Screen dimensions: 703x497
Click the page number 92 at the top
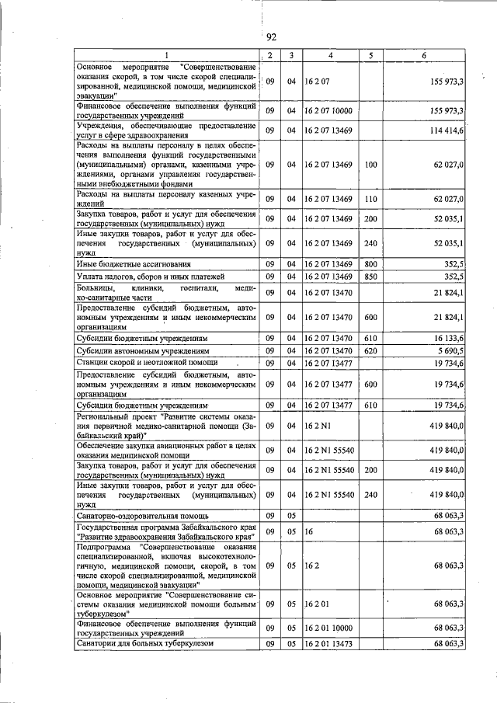tap(271, 37)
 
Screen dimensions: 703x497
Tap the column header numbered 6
tap(423, 55)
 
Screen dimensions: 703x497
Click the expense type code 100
tap(370, 165)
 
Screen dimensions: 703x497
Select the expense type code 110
tap(370, 199)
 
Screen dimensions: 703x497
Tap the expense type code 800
tap(370, 265)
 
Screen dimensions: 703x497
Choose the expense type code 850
tap(370, 277)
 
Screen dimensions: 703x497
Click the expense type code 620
tap(370, 351)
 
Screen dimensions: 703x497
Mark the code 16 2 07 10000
tap(331, 111)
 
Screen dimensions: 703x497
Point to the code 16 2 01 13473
tap(331, 644)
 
